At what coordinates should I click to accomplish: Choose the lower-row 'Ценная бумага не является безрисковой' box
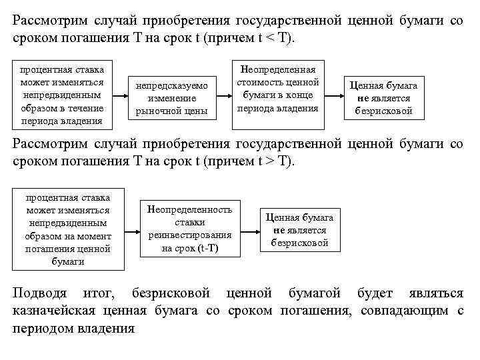[299, 230]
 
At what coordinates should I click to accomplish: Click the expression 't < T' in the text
[270, 38]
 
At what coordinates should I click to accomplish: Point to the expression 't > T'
[270, 162]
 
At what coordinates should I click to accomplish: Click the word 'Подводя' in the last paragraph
[41, 294]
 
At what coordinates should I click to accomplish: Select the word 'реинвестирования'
[189, 235]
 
